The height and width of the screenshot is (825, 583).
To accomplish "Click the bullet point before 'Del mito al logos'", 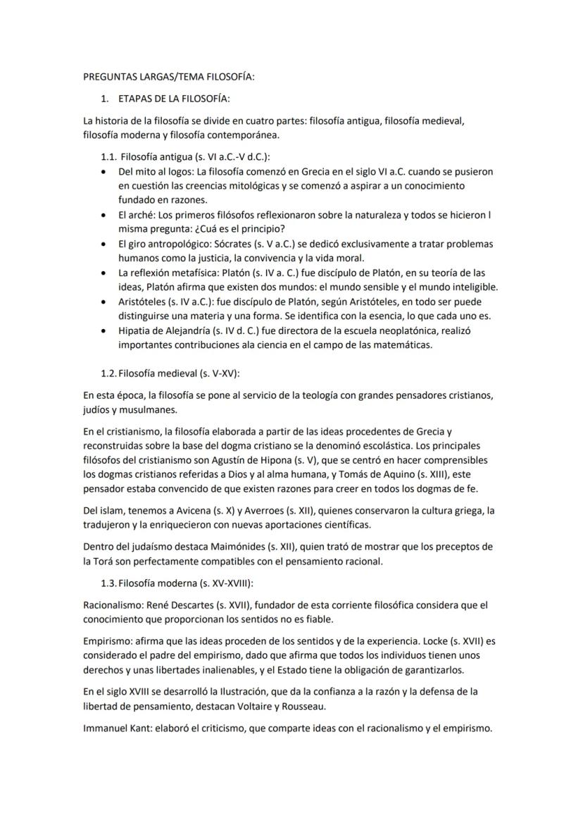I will (104, 172).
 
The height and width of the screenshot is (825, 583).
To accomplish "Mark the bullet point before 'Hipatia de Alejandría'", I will (104, 330).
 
